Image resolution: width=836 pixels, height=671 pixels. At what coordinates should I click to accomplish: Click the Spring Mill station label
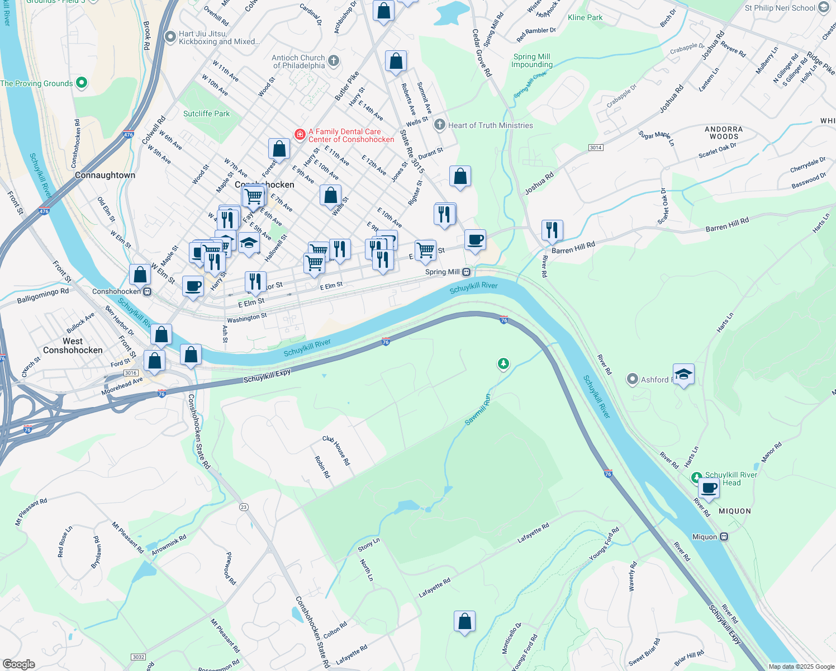(x=442, y=272)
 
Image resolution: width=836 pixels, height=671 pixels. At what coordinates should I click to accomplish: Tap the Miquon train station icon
(x=724, y=537)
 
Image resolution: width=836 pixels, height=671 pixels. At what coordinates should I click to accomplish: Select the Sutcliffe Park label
(x=206, y=114)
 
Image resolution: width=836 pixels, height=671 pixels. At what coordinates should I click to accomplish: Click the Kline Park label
(x=585, y=17)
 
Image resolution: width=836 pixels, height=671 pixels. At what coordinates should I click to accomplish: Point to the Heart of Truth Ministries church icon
(x=440, y=125)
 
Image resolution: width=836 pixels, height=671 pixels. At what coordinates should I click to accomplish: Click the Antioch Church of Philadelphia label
(x=298, y=62)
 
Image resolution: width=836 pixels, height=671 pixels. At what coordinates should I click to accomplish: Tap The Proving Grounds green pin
(x=82, y=83)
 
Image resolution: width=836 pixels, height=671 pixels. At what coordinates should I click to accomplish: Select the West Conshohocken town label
(x=73, y=346)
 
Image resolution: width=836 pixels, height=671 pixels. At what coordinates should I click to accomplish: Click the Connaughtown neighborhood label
(x=105, y=175)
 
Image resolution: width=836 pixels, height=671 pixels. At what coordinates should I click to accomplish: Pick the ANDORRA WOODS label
(x=724, y=133)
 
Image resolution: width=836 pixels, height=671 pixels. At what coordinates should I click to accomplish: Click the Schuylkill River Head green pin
(x=696, y=478)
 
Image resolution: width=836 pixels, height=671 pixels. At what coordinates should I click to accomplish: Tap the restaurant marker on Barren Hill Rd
(x=552, y=230)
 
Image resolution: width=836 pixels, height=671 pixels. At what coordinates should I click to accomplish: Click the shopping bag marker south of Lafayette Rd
(x=464, y=621)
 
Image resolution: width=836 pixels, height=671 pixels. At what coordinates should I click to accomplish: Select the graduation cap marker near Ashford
(x=683, y=374)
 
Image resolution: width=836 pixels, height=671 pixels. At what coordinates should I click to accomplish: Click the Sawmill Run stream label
(x=478, y=409)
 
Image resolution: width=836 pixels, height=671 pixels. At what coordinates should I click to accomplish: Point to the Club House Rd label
(x=336, y=451)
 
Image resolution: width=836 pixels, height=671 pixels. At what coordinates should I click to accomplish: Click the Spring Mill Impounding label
(x=531, y=60)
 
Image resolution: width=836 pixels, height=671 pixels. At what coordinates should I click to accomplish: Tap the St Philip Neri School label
(x=780, y=8)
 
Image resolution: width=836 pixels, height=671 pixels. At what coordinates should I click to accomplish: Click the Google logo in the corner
(x=19, y=664)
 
